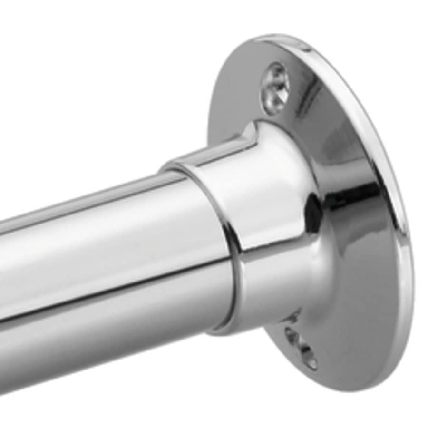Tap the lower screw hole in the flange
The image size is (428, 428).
point(302,347)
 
